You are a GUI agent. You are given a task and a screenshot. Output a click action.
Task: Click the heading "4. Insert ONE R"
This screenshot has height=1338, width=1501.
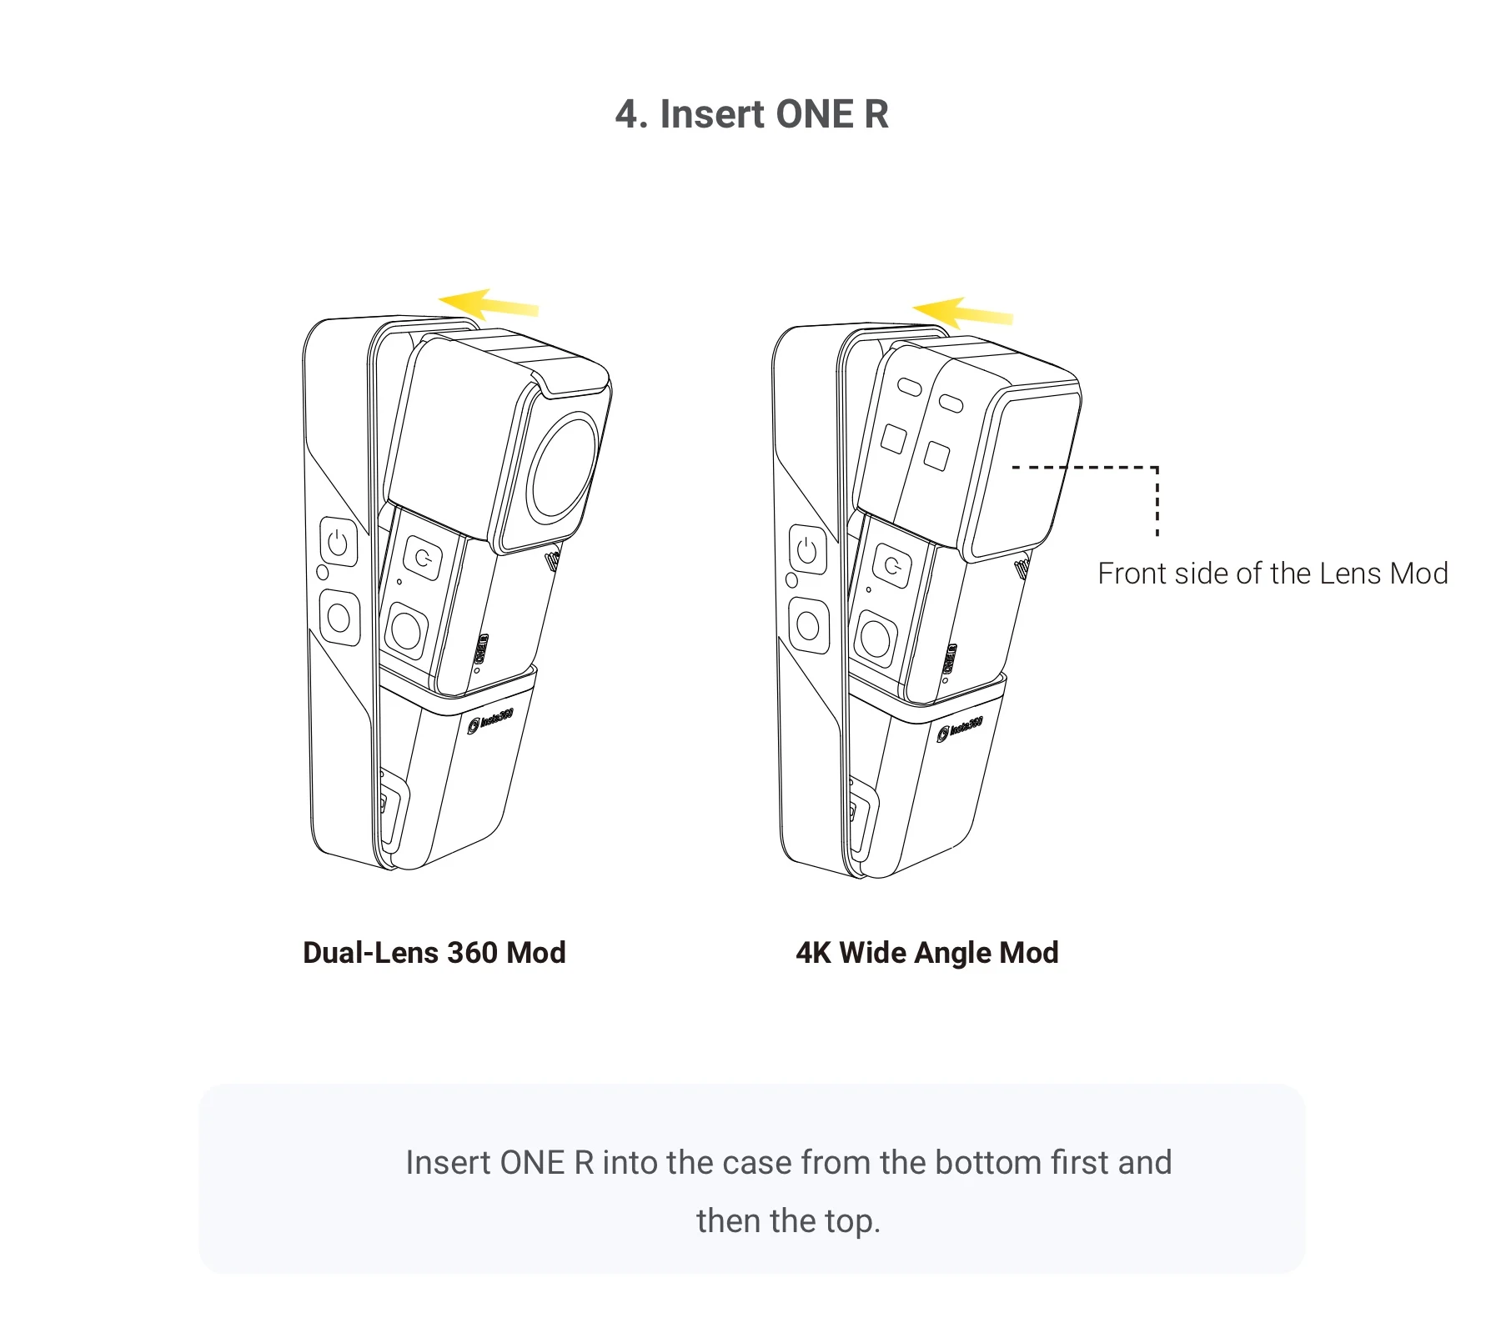pyautogui.click(x=751, y=114)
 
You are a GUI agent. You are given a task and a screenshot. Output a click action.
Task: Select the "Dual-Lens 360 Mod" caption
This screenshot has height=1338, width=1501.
pyautogui.click(x=434, y=952)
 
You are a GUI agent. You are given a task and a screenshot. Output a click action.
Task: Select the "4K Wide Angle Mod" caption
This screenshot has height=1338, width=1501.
pyautogui.click(x=926, y=952)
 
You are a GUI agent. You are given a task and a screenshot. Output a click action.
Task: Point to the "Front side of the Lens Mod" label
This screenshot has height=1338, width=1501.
pyautogui.click(x=1272, y=574)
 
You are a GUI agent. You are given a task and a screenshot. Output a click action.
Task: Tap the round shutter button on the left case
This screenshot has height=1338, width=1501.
pyautogui.click(x=339, y=618)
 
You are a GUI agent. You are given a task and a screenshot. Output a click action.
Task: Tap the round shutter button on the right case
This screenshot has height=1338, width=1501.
pyautogui.click(x=808, y=625)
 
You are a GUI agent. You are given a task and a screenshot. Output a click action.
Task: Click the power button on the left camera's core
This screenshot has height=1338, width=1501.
pyautogui.click(x=424, y=557)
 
